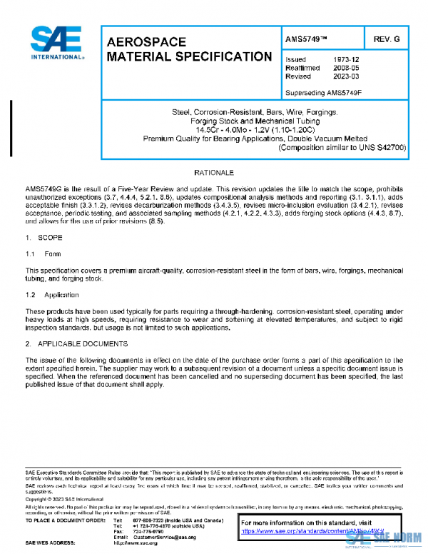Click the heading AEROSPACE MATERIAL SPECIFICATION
pos(188,49)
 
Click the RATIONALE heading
pos(213,173)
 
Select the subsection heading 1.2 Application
pos(51,294)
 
